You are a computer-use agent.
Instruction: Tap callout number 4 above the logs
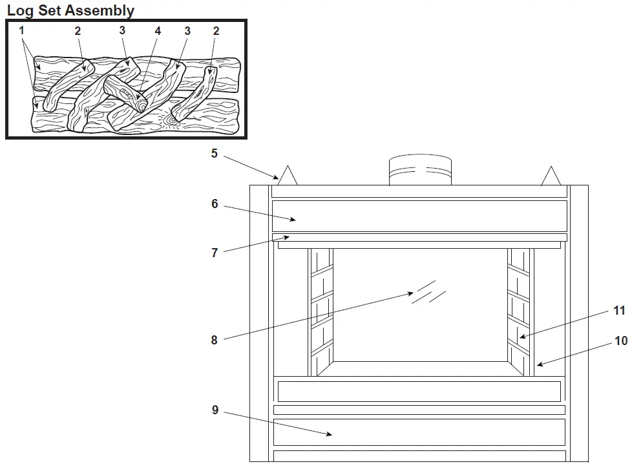157,31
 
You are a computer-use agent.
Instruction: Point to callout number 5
215,154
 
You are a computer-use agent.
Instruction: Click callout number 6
215,204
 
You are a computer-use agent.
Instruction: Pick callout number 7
215,253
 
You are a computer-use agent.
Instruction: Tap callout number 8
215,340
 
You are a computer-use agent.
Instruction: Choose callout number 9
215,410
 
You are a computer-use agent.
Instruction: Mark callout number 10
620,341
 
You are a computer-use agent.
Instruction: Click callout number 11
619,311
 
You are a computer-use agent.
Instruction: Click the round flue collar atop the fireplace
419,171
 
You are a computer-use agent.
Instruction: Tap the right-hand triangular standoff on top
551,177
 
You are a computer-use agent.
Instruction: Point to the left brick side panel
321,310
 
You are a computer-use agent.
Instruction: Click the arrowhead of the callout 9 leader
331,435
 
